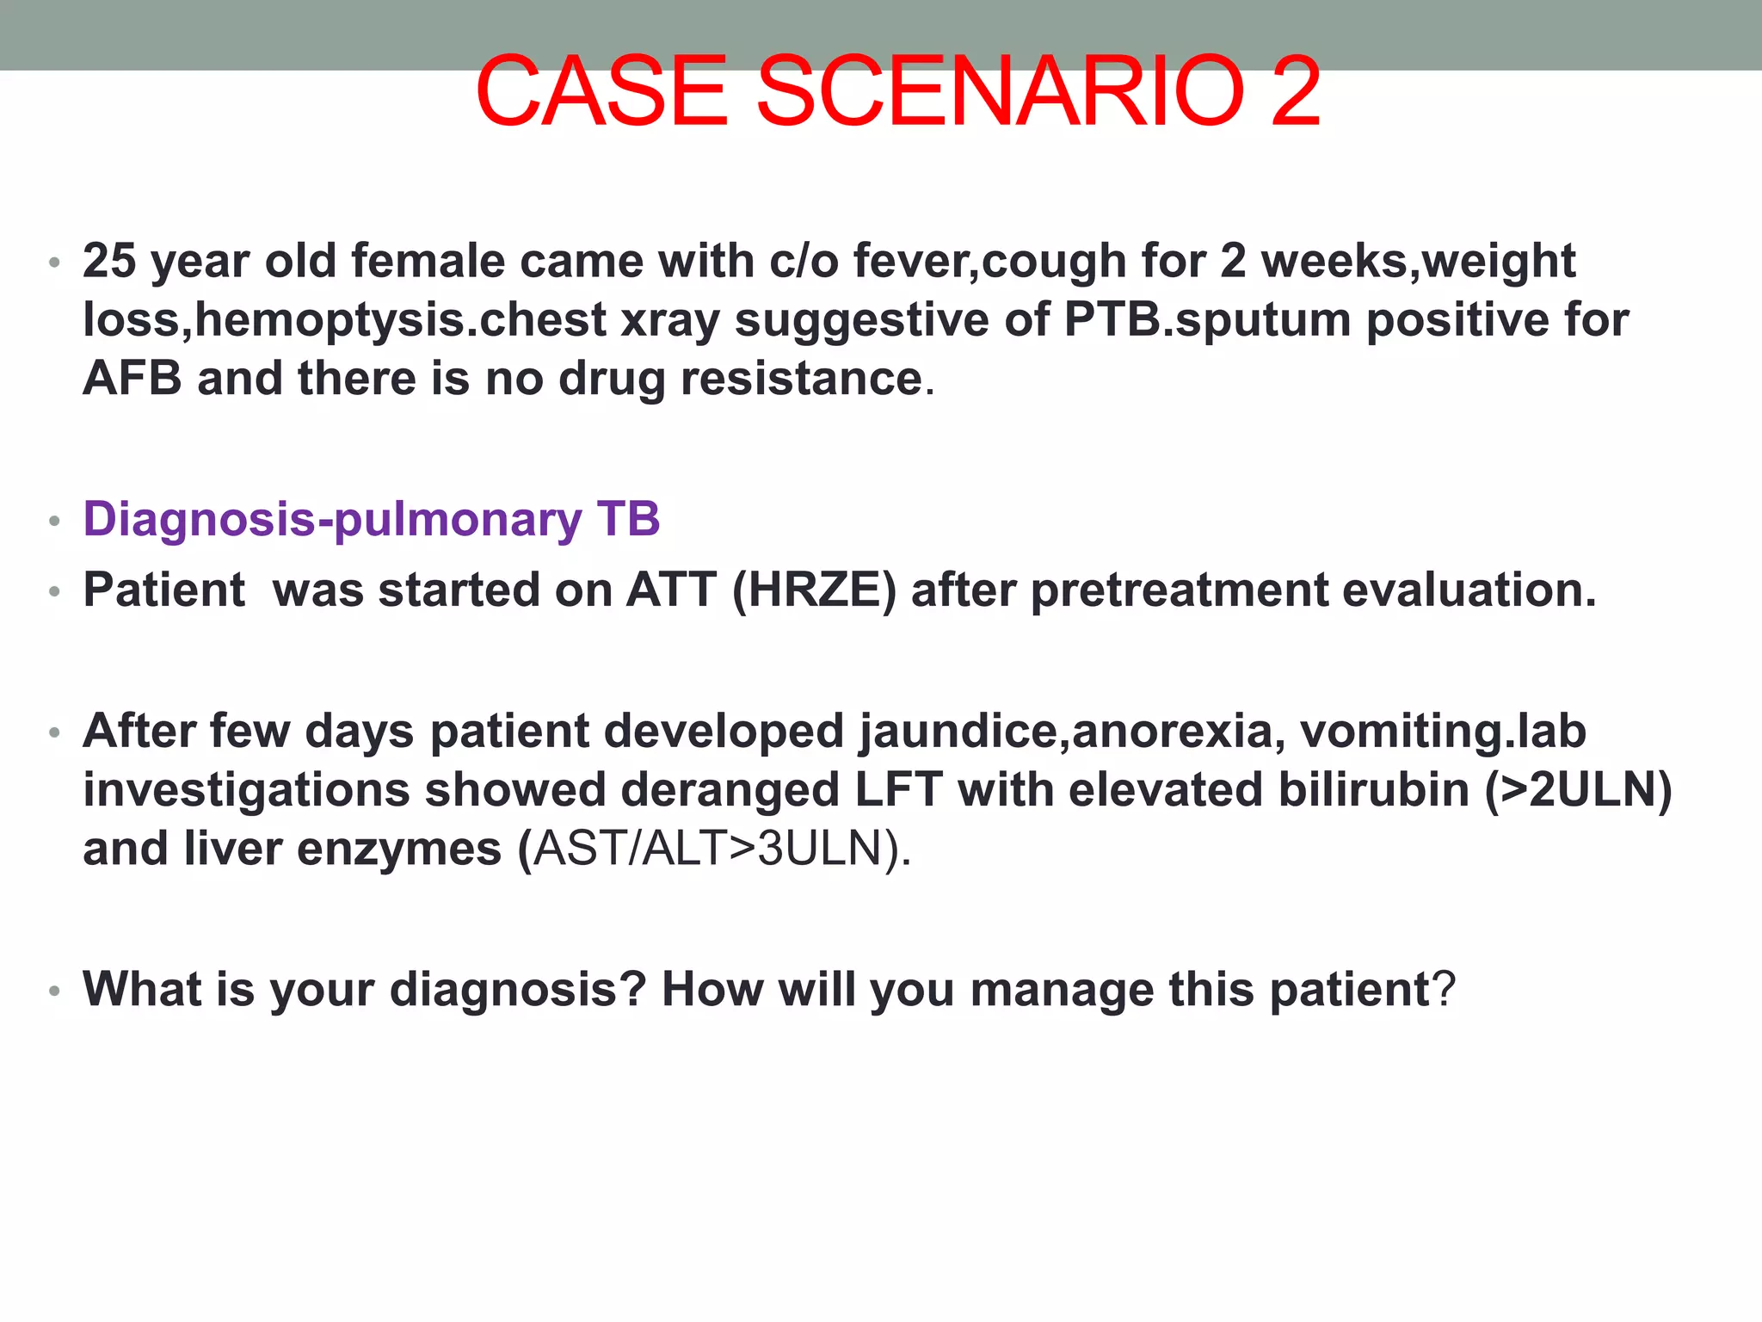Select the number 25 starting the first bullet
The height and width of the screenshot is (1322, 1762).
pos(109,261)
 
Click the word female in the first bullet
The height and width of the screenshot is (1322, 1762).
pos(428,261)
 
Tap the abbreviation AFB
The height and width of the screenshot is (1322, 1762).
pos(132,379)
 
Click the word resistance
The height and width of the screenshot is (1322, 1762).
pos(801,379)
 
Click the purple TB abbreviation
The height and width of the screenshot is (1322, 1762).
pos(628,519)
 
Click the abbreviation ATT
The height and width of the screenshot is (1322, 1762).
pos(671,590)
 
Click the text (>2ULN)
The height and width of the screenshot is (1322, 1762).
pos(1578,790)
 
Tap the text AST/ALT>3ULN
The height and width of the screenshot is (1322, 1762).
pos(708,849)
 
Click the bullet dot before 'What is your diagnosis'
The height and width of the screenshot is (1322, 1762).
pos(54,991)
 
